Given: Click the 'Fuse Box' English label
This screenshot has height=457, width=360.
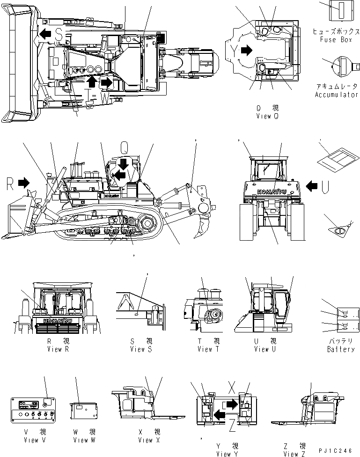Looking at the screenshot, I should (336, 39).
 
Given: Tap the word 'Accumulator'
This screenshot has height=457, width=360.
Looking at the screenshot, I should (337, 95).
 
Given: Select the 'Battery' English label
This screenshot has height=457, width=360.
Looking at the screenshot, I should (341, 349).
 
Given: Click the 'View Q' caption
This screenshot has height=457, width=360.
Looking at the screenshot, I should (267, 116).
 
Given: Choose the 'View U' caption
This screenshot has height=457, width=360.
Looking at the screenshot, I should (265, 349).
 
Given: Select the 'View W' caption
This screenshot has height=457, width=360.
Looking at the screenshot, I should (84, 440).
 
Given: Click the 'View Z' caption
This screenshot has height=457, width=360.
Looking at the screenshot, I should (294, 454).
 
